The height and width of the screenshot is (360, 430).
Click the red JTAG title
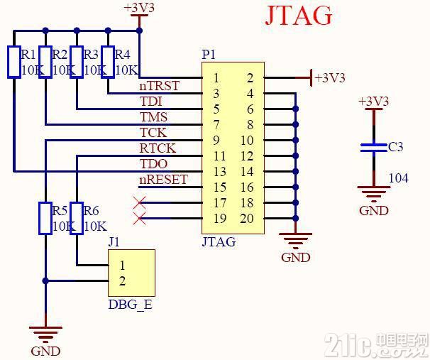[299, 16]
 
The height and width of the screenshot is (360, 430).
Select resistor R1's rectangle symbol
[14, 62]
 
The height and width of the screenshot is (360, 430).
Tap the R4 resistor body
[108, 62]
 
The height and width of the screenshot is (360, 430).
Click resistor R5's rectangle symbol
[45, 218]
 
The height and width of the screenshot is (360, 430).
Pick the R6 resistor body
[77, 218]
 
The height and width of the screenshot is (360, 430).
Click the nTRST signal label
[160, 86]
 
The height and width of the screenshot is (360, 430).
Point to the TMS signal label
[153, 117]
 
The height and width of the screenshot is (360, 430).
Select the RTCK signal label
[158, 148]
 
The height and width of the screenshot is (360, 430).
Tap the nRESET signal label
[163, 180]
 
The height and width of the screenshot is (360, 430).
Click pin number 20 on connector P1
[247, 219]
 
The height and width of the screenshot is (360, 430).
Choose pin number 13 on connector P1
[220, 172]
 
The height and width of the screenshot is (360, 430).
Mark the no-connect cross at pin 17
[139, 203]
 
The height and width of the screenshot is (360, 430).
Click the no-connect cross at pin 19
[139, 219]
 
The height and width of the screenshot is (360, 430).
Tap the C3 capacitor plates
[373, 148]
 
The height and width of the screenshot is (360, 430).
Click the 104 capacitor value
[399, 178]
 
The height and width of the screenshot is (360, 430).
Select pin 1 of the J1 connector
[122, 266]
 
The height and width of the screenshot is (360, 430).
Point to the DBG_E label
[131, 305]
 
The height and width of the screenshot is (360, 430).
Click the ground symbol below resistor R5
[45, 334]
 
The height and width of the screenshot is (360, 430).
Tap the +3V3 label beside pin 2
[330, 78]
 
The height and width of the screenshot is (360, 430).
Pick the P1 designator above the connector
[209, 55]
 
